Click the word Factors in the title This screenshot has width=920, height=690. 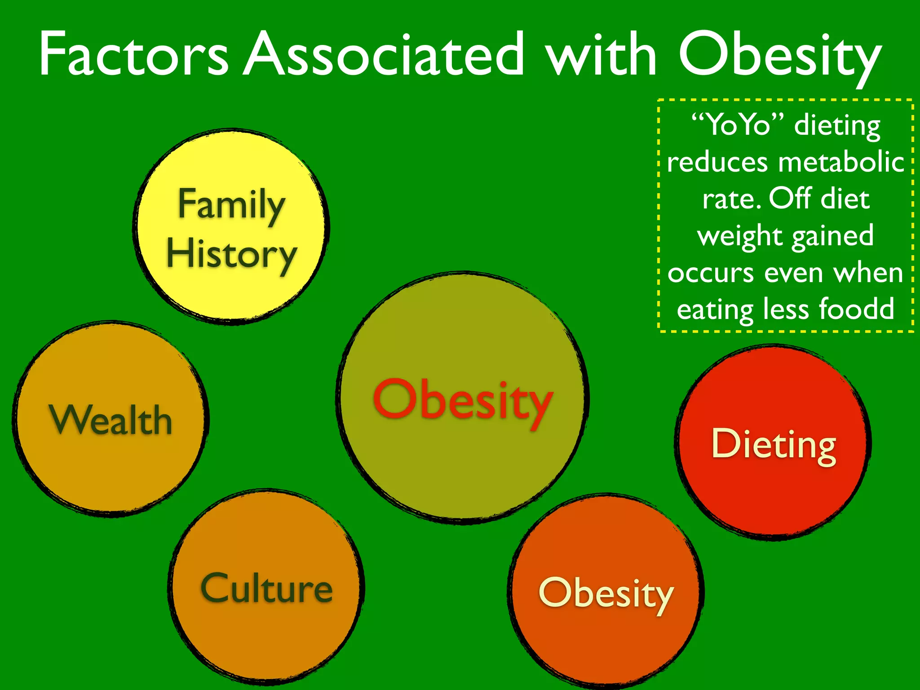pyautogui.click(x=134, y=55)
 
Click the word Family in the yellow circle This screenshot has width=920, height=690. pyautogui.click(x=231, y=204)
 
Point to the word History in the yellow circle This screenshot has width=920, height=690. pyautogui.click(x=231, y=254)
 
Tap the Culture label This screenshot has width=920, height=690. pyautogui.click(x=267, y=588)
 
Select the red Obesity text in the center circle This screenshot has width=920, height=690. pyautogui.click(x=463, y=400)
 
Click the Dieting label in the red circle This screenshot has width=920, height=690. pyautogui.click(x=774, y=445)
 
